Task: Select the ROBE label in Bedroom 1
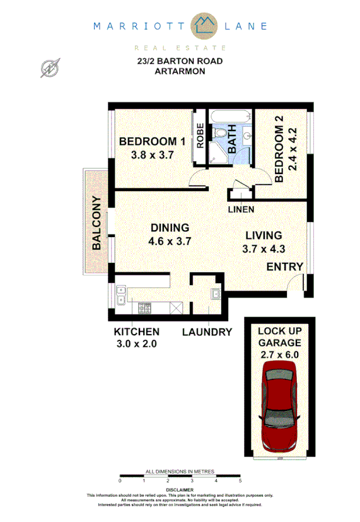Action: [200, 136]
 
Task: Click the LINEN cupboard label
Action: [241, 209]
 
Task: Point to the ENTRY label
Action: [285, 267]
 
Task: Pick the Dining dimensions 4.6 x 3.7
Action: [170, 241]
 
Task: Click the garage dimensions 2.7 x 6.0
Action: [279, 354]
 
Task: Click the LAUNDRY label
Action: [207, 332]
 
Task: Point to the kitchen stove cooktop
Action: [145, 308]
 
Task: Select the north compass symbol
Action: [49, 68]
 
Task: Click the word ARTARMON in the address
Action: [180, 71]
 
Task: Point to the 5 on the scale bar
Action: [240, 480]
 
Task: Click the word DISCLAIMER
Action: [180, 490]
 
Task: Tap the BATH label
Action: [232, 139]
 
